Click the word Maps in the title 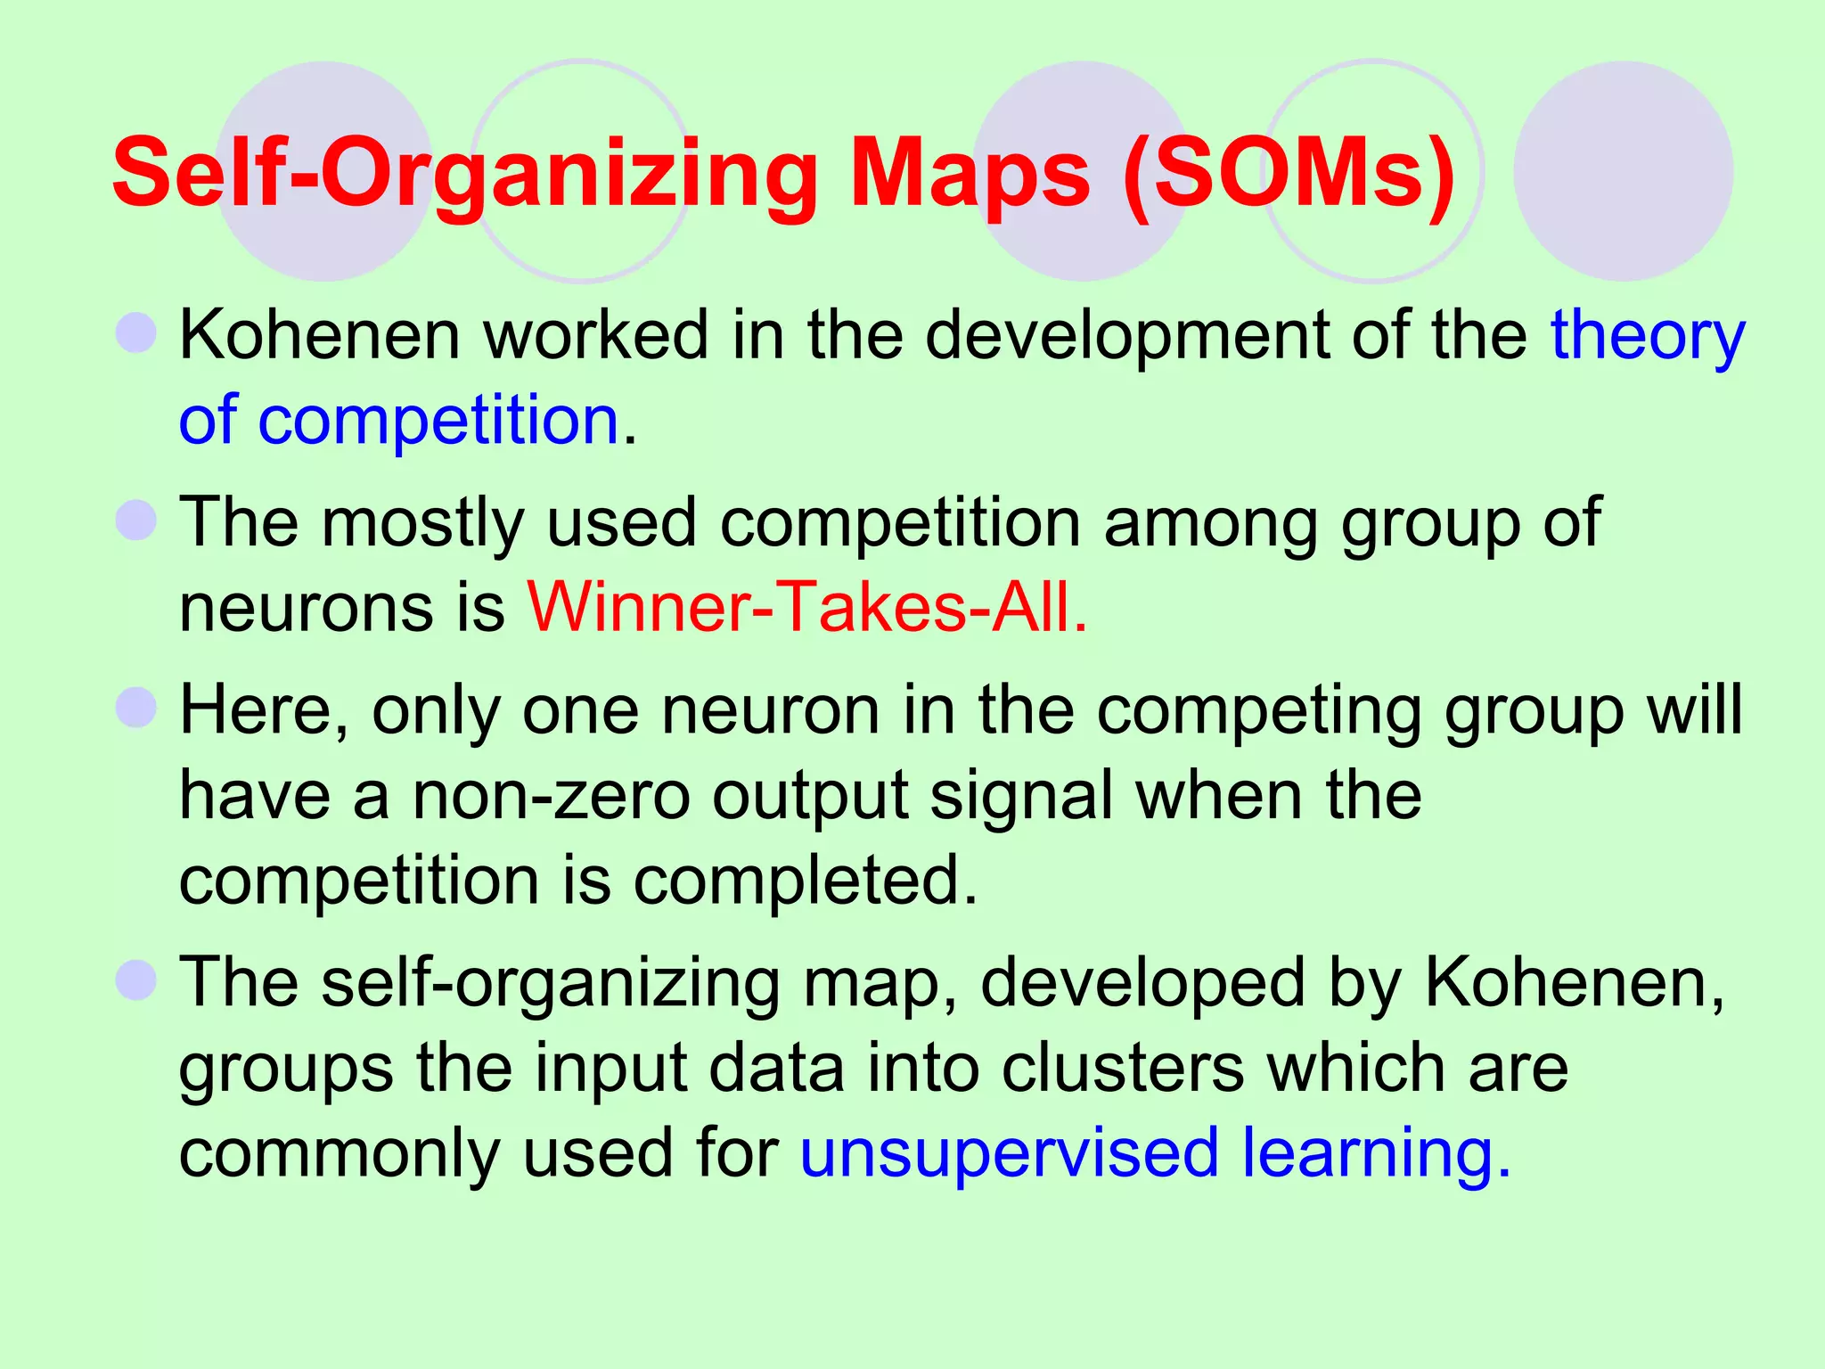tap(970, 173)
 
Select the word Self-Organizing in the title tap(464, 173)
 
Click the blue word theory tap(1648, 336)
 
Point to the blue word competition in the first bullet tap(438, 420)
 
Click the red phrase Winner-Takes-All tap(807, 607)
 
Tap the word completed tap(806, 880)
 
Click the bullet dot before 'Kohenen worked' tap(136, 333)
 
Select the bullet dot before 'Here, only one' tap(136, 708)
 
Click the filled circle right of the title tap(1623, 171)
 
